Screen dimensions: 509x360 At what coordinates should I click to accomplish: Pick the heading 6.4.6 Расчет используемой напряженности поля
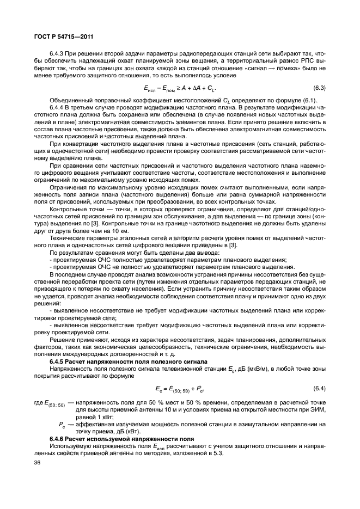pyautogui.click(x=113, y=438)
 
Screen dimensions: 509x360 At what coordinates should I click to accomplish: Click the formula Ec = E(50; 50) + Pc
pyautogui.click(x=180, y=388)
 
